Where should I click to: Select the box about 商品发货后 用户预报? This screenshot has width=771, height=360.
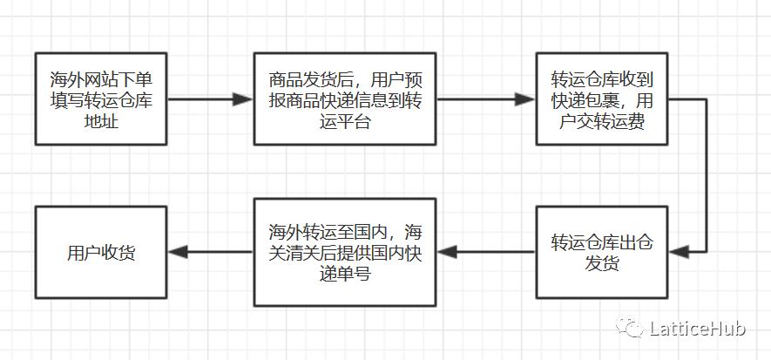tap(345, 98)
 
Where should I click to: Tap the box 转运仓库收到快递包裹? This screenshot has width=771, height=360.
tap(601, 98)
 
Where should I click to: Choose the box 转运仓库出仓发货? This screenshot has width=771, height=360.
tap(601, 252)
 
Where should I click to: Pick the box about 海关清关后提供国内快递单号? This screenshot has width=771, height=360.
tap(345, 252)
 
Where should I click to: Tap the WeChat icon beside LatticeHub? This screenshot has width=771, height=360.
tap(630, 328)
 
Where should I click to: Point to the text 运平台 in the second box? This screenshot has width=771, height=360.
tap(345, 121)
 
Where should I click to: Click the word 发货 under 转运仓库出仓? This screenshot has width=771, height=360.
tap(601, 263)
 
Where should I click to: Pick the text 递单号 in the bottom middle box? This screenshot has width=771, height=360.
tap(345, 274)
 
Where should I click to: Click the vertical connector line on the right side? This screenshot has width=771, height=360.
tap(705, 174)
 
